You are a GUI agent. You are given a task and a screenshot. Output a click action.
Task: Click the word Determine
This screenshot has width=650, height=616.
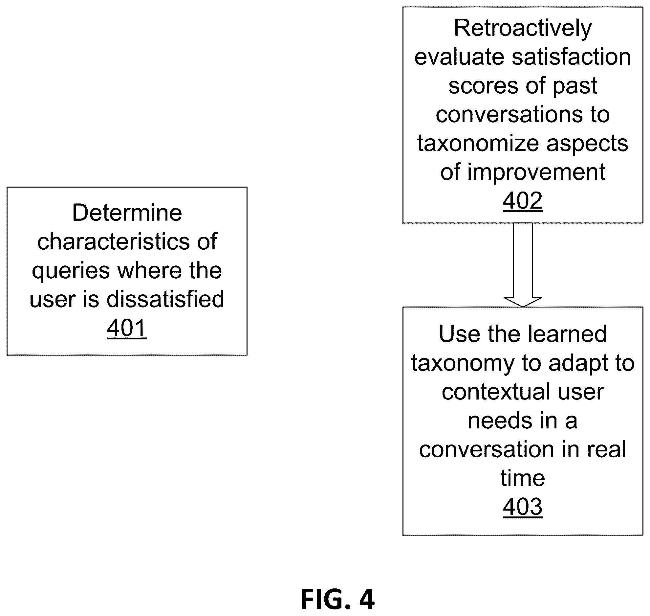[127, 213]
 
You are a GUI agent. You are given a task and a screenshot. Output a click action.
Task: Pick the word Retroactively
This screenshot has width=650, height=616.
[523, 29]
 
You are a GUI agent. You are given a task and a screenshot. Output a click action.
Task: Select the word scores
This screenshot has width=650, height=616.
[485, 86]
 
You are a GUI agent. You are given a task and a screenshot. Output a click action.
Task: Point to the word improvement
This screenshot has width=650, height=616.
[536, 172]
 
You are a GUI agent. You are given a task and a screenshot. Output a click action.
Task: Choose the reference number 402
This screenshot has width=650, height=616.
[523, 201]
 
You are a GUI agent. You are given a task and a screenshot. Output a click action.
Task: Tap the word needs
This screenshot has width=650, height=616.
[496, 421]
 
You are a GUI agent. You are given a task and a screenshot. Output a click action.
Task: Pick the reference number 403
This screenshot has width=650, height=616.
[523, 507]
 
